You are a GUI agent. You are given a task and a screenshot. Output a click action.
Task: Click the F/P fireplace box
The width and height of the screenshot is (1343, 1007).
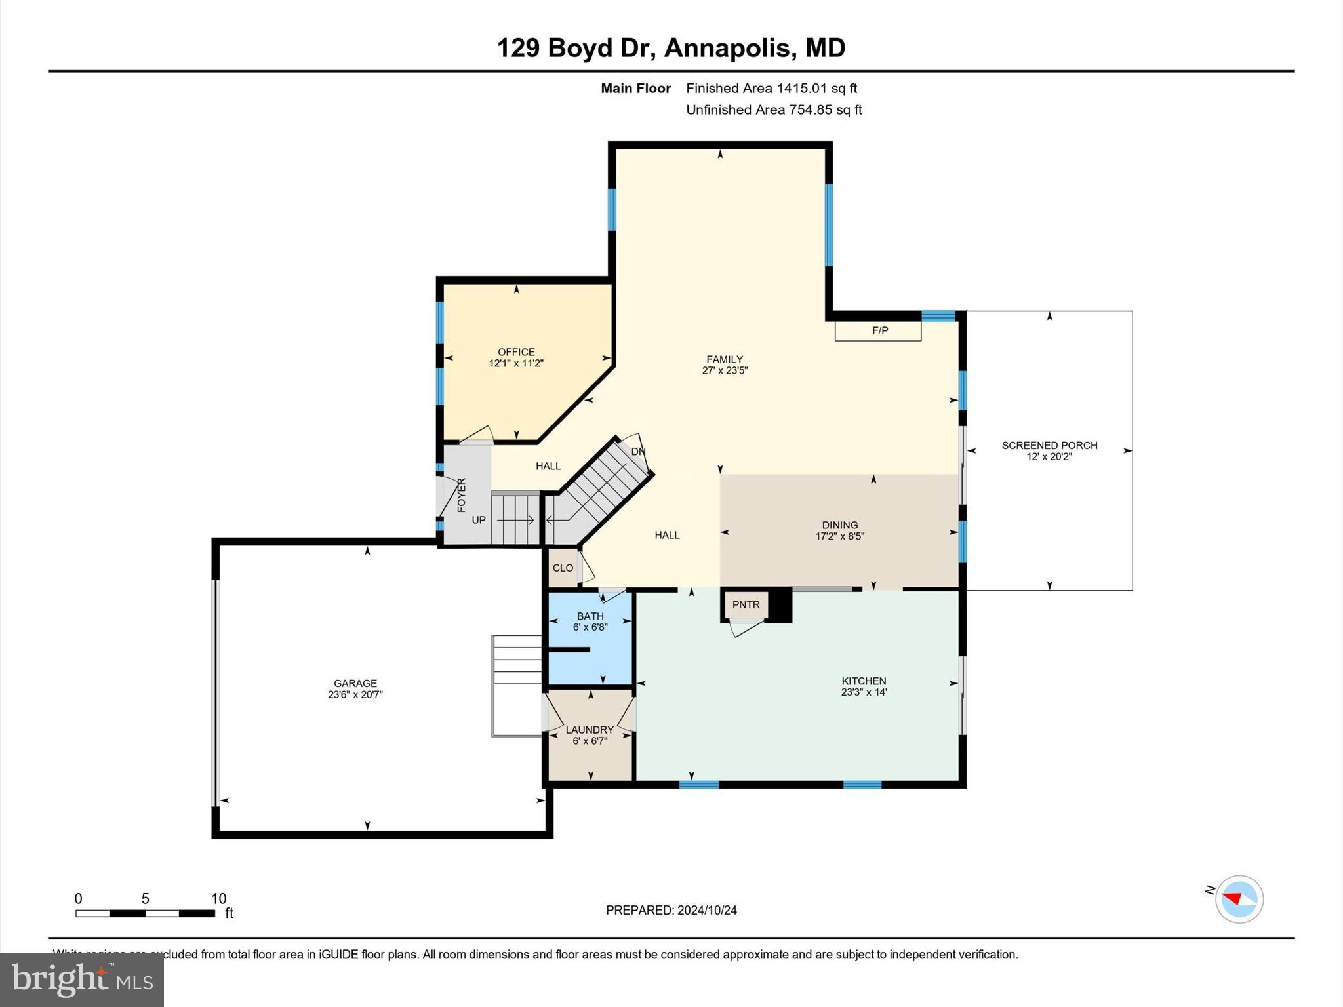pos(878,330)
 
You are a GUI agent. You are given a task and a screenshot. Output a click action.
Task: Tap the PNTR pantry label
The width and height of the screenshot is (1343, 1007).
pos(746,604)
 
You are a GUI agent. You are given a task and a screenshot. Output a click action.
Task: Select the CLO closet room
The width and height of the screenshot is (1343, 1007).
pos(563,568)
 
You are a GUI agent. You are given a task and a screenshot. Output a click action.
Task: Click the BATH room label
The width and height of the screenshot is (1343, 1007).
pos(590,616)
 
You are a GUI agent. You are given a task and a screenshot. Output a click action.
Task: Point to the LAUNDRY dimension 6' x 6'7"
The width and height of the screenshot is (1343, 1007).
pos(590,741)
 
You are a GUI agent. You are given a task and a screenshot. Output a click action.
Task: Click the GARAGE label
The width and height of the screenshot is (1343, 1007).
pos(355,683)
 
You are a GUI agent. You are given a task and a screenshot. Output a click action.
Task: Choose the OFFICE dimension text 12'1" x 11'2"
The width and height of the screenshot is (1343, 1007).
pos(516,363)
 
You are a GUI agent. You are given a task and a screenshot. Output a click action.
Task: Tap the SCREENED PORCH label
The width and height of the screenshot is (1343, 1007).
pos(1049,445)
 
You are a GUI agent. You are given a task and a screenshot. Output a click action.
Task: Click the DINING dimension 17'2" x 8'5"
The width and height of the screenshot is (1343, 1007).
pos(839,536)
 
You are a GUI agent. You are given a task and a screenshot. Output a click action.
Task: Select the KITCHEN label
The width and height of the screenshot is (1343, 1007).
pos(864,681)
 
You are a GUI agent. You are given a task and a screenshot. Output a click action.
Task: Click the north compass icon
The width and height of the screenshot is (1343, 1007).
pos(1239,899)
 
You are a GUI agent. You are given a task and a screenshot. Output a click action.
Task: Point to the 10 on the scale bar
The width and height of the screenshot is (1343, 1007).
pos(218,899)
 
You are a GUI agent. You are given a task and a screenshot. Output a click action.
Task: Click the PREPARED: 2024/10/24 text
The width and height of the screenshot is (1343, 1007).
pos(671,910)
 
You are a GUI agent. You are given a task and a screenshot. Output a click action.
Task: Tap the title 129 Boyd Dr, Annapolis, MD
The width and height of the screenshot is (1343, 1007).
pos(671,48)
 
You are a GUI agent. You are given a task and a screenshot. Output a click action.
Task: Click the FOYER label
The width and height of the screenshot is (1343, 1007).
pos(461,495)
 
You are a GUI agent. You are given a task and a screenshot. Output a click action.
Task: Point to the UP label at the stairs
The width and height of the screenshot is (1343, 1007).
pos(479,520)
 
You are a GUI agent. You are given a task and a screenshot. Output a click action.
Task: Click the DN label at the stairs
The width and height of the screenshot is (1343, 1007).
pos(638,452)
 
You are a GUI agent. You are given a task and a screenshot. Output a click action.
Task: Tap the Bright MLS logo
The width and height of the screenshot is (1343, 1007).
pos(82,979)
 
